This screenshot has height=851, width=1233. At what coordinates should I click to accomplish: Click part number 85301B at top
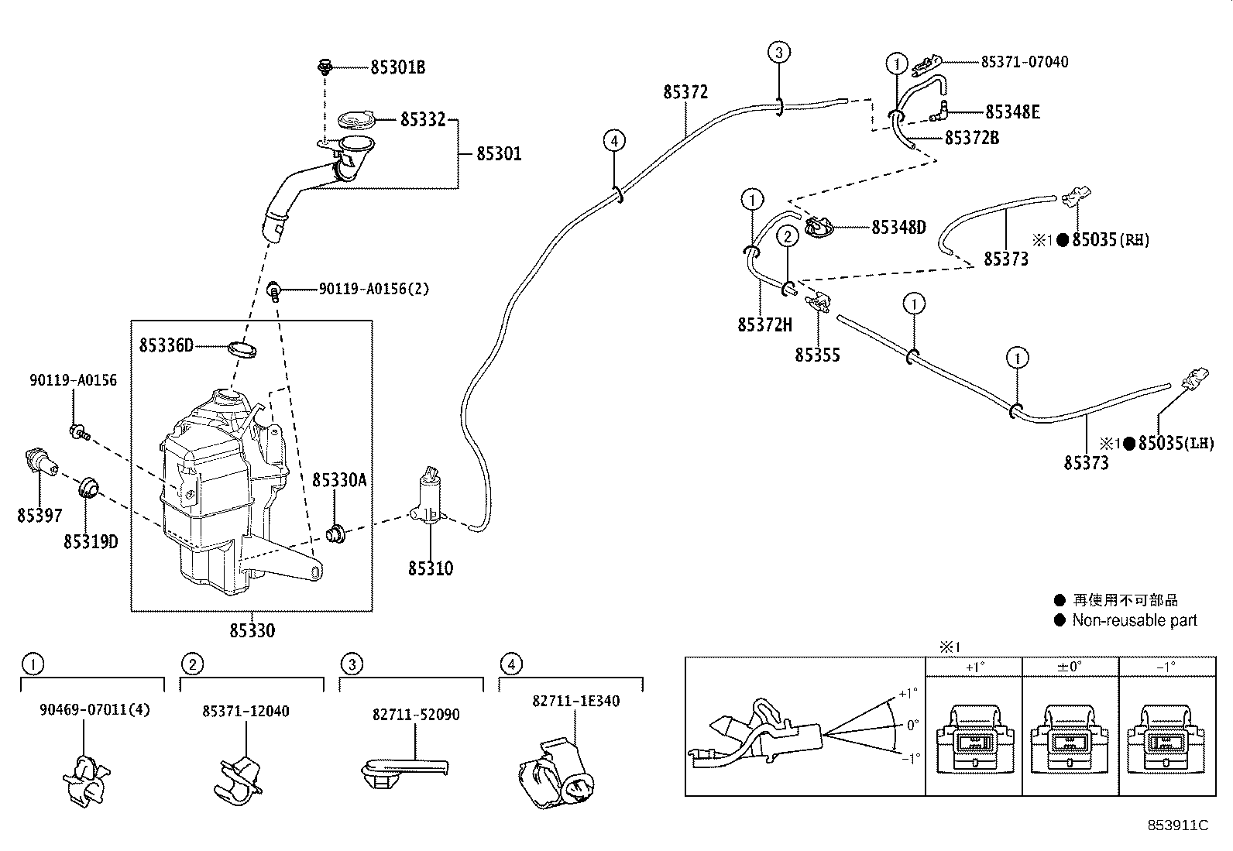tap(397, 67)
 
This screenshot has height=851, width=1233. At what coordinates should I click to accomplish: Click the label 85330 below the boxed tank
tap(252, 631)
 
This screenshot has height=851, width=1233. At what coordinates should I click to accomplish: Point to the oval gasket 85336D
tap(242, 349)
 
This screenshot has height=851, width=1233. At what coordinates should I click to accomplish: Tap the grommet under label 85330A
tap(337, 533)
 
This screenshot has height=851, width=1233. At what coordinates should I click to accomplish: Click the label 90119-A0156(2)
tap(373, 289)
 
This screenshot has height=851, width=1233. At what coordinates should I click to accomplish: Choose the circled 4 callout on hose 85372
tap(613, 141)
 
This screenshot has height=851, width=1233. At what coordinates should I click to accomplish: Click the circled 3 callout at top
tap(778, 53)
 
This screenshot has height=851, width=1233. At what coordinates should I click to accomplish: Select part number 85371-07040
tap(1024, 62)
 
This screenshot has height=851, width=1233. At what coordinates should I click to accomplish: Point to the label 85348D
tap(898, 228)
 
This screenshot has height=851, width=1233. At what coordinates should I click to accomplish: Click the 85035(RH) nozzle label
tap(1110, 240)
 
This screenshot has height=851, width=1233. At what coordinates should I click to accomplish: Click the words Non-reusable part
tap(1134, 620)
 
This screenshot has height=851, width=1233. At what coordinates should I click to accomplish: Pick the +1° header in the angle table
tap(974, 666)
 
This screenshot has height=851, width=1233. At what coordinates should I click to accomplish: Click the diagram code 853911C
tap(1177, 825)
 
